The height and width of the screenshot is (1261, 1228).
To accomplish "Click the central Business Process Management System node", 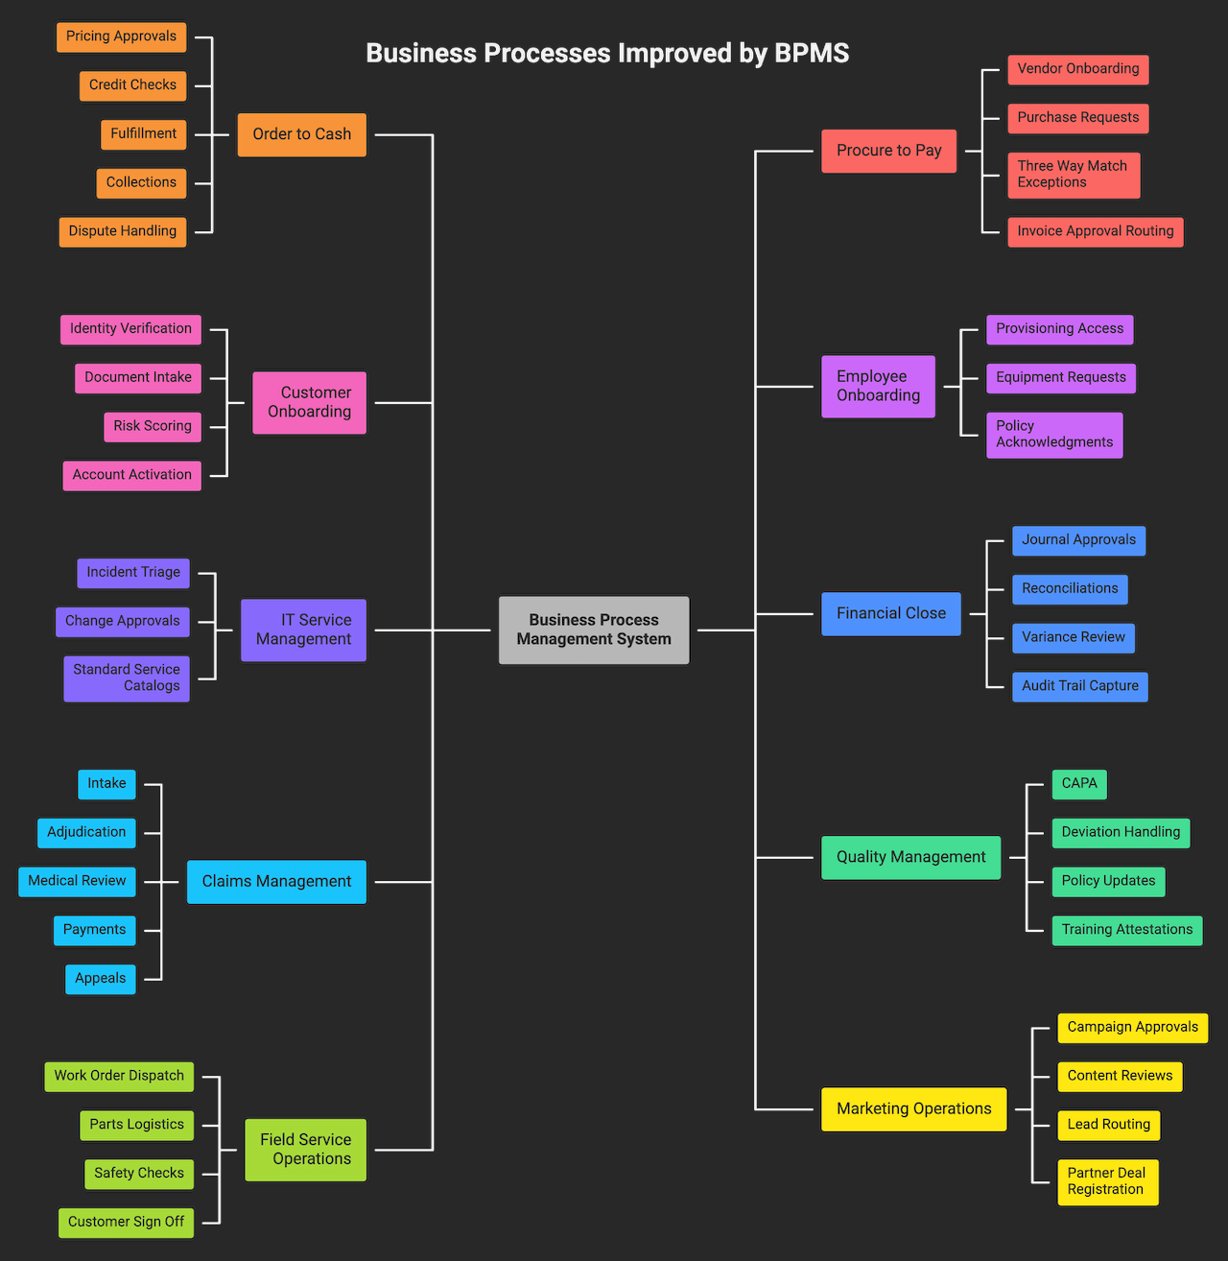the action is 594,630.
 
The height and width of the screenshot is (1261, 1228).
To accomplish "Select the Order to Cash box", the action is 302,134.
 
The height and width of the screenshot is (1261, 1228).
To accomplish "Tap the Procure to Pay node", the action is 888,151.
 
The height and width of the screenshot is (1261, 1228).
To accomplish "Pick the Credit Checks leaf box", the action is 132,85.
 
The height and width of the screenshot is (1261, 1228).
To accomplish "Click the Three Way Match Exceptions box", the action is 1073,175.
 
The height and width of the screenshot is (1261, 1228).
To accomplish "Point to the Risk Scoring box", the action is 153,426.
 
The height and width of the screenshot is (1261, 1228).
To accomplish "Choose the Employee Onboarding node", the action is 878,387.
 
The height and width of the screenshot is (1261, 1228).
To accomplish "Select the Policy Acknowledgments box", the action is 1054,435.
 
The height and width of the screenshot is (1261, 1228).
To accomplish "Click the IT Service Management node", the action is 303,630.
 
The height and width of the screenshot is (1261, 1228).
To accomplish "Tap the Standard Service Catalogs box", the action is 127,678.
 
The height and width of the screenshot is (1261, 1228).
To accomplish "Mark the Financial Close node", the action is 890,614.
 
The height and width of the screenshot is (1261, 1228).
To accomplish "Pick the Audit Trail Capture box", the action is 1079,686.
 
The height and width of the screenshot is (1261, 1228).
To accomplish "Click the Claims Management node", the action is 276,882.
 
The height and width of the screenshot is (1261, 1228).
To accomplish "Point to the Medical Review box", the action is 77,881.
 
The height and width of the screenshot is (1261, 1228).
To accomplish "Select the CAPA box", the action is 1079,784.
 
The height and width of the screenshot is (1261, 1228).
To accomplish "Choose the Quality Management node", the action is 910,858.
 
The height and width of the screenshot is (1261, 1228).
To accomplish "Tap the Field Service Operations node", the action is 305,1150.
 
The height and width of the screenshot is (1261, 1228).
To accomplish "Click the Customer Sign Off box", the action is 126,1223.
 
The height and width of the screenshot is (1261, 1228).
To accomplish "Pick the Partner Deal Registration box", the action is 1107,1181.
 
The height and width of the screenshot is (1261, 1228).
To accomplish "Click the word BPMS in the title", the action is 812,53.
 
